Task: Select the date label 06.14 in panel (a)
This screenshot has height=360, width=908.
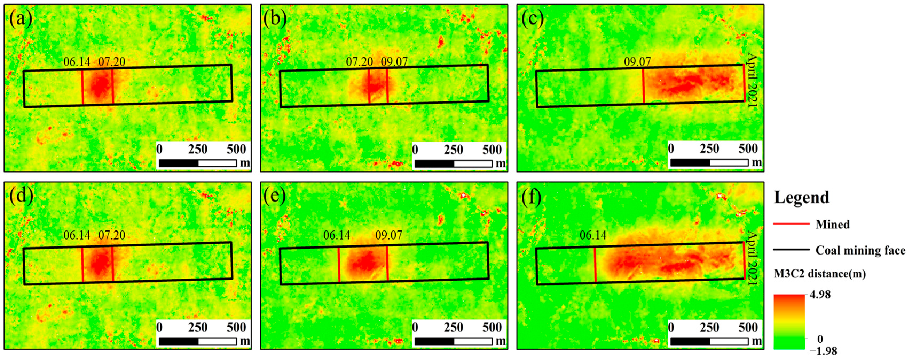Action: (77, 62)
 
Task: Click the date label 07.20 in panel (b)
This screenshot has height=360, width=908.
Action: (359, 62)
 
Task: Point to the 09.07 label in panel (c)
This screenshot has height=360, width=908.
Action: (637, 62)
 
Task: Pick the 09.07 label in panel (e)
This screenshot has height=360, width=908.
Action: (388, 235)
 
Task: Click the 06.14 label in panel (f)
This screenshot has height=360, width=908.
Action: (593, 235)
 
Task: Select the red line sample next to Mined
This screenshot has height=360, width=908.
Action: (791, 224)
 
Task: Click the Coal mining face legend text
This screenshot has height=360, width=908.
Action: (860, 250)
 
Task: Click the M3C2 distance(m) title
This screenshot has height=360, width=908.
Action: (820, 274)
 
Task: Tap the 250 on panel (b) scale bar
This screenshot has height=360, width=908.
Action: (453, 150)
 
